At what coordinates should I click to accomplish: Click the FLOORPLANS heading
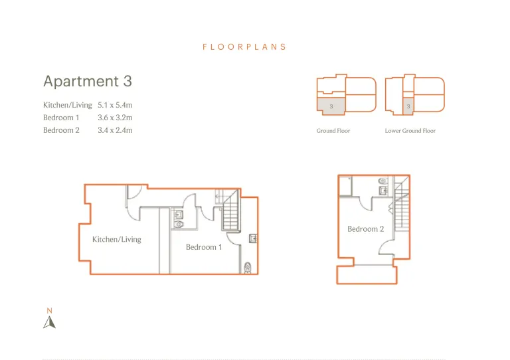[x=244, y=47]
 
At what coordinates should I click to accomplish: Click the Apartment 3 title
[x=88, y=81]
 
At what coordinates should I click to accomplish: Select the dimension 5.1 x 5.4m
[x=115, y=105]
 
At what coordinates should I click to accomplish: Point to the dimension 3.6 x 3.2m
[x=115, y=118]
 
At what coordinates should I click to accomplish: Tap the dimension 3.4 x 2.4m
[x=115, y=130]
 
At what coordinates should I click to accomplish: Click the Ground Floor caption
[x=333, y=131]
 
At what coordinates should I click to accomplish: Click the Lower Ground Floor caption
[x=410, y=131]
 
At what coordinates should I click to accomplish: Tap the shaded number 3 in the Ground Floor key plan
[x=331, y=106]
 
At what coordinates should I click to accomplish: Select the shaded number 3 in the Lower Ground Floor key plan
[x=408, y=106]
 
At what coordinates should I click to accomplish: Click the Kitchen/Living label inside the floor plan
[x=117, y=239]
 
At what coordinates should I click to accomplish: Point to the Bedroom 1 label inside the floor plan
[x=204, y=247]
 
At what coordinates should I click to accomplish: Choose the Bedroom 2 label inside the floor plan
[x=366, y=229]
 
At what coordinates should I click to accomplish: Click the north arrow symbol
[x=49, y=322]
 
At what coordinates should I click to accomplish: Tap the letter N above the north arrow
[x=49, y=311]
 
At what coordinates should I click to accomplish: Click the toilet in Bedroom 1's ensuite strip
[x=248, y=268]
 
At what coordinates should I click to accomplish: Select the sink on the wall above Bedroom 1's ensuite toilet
[x=253, y=238]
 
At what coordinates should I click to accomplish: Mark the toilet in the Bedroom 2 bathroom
[x=382, y=181]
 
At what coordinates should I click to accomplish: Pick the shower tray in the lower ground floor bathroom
[x=345, y=186]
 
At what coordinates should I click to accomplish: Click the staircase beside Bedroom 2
[x=402, y=203]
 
